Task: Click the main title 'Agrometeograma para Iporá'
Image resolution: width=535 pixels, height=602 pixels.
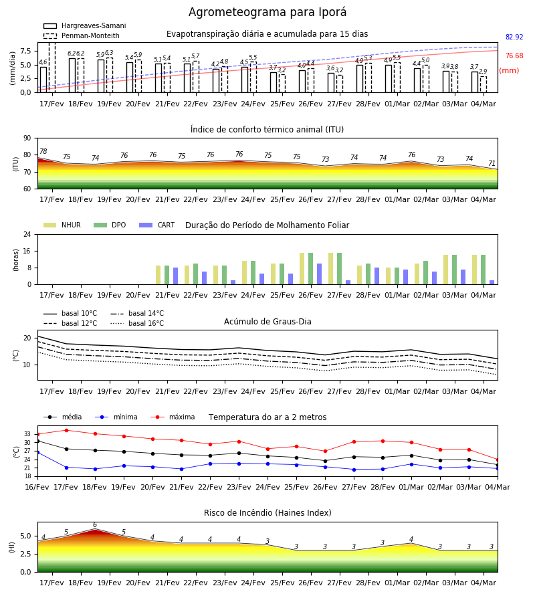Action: pos(267,13)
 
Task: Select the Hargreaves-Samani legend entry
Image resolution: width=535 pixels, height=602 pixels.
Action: pos(85,25)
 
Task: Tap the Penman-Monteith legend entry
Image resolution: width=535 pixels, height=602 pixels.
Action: pos(82,35)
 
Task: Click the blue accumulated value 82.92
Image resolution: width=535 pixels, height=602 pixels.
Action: pos(514,37)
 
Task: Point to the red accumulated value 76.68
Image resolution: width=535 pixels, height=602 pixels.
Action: pos(514,56)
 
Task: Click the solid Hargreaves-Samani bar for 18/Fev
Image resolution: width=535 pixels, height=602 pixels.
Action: pos(72,75)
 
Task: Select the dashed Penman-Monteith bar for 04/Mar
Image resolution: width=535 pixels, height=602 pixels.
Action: pos(484,84)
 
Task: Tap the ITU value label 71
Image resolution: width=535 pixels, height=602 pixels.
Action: pos(492,164)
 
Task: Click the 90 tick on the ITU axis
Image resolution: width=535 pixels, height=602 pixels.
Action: pos(27,138)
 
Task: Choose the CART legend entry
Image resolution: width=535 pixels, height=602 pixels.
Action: pos(157,225)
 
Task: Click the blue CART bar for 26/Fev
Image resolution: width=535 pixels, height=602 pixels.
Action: pos(319,274)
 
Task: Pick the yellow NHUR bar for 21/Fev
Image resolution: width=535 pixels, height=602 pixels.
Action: pos(158,275)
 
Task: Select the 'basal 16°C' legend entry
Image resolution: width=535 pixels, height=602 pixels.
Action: pos(137,323)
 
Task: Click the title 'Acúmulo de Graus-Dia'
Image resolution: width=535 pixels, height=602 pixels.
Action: pos(267,322)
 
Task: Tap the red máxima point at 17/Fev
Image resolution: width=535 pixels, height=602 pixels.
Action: pos(66,430)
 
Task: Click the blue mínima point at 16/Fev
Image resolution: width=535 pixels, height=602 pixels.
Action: pos(37,453)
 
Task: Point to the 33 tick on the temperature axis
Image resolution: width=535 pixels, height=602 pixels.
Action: pos(27,434)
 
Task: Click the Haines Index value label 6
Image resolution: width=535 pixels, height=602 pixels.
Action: pos(95,525)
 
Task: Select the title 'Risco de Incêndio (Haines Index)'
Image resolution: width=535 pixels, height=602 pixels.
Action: pos(267,513)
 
